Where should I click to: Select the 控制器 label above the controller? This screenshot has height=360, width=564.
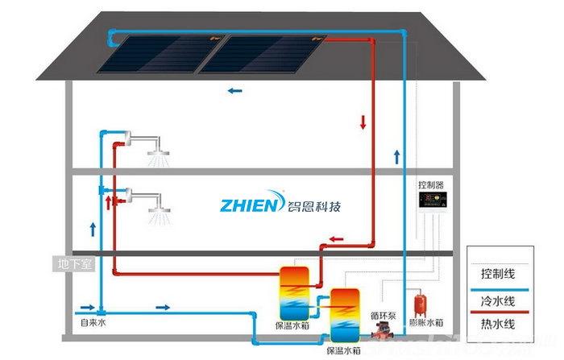coord(431,184)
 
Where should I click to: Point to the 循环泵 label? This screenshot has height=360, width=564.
coord(381,315)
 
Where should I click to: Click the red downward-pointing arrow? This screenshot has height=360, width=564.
coord(363,123)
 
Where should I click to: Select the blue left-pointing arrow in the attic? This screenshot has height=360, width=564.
coord(234,91)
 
